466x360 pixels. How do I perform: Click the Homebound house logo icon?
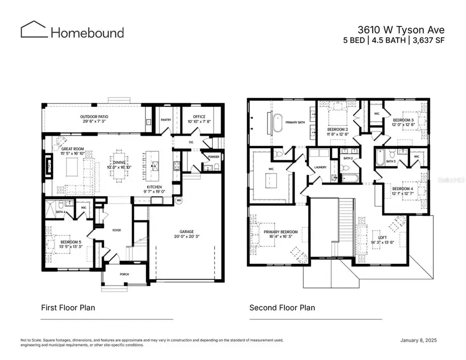point(34,30)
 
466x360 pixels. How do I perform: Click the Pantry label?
point(166,120)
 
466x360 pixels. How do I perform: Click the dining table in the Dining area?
point(119,168)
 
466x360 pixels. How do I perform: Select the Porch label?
point(124,275)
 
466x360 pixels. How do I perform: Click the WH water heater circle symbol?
point(179,200)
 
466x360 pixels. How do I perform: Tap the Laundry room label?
point(319,167)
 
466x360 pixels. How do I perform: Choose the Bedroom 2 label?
point(338,131)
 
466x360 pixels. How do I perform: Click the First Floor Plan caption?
point(68,308)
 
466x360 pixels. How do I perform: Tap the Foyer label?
point(116,230)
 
